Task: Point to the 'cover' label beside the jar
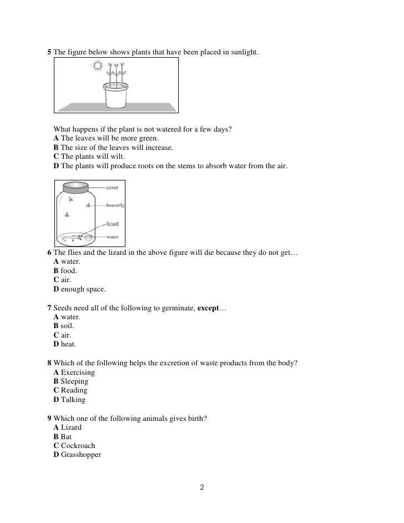click(112, 188)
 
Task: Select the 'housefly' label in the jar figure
click(115, 205)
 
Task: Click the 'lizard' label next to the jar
click(112, 224)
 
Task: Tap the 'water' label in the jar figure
click(112, 237)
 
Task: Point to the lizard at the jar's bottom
click(72, 238)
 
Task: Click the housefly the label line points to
click(88, 205)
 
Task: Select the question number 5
click(49, 52)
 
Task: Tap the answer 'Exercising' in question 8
click(78, 372)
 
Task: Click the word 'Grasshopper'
click(81, 455)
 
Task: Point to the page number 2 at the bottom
click(202, 488)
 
